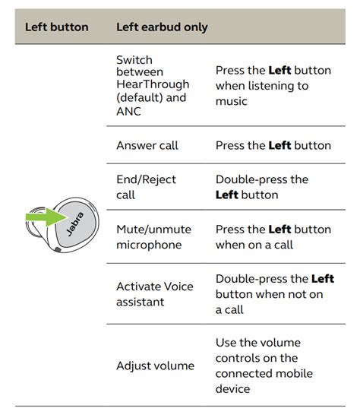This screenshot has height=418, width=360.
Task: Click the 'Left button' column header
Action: point(57,27)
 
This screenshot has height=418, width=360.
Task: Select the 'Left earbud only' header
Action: point(162,27)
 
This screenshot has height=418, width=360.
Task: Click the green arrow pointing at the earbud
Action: point(43,220)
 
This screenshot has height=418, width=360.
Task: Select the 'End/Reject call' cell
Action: point(146,187)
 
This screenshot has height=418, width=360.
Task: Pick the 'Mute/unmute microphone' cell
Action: point(153,237)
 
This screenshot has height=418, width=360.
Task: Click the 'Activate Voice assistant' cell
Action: point(154,294)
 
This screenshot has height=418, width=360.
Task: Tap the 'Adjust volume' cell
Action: point(155,366)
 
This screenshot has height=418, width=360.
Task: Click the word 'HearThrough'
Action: point(153,84)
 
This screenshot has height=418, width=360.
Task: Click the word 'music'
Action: point(232,101)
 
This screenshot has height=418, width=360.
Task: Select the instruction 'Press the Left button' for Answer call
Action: point(273,145)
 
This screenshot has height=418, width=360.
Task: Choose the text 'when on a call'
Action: point(253,245)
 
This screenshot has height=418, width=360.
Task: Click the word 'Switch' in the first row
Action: point(134,59)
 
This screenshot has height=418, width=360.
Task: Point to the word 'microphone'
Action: point(149,245)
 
